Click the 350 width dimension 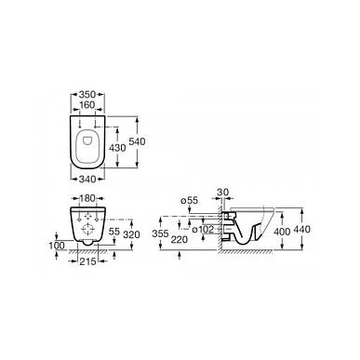[87, 94]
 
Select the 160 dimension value [87, 105]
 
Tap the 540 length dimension [137, 141]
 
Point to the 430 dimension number [118, 148]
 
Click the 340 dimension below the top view [87, 179]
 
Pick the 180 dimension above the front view [87, 198]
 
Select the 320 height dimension [131, 234]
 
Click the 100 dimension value [57, 246]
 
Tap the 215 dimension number [87, 261]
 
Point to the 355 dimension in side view [160, 233]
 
